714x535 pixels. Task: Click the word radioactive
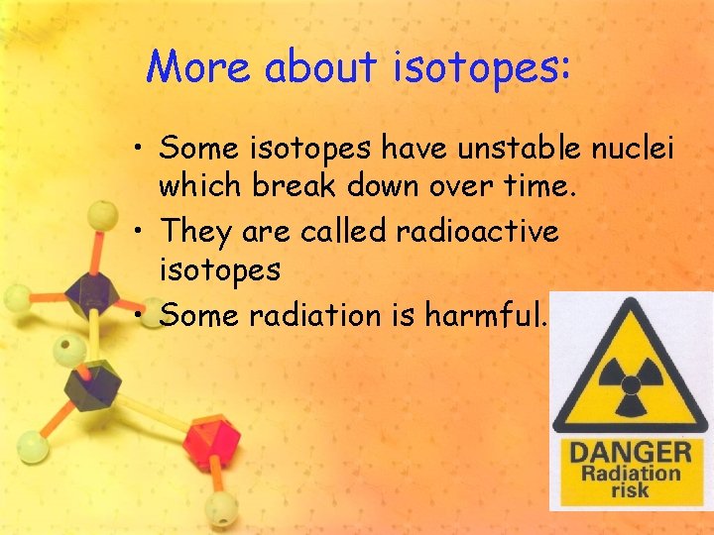tap(477, 232)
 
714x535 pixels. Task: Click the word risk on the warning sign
tap(627, 489)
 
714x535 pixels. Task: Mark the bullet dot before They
tap(141, 233)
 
